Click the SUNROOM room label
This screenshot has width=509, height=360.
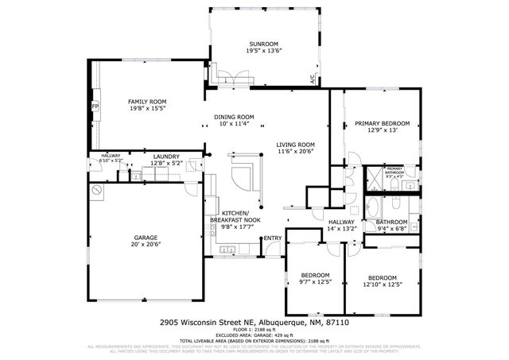[265, 43]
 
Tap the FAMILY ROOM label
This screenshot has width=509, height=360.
[147, 102]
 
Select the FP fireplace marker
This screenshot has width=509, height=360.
[95, 106]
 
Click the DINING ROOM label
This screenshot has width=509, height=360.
[234, 117]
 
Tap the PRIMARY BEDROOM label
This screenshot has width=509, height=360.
[382, 123]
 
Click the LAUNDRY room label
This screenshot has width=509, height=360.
[166, 157]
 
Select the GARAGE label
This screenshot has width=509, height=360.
[146, 238]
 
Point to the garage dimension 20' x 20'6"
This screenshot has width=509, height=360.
[146, 245]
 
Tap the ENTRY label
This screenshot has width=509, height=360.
[272, 238]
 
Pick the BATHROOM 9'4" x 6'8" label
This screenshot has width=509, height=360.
[391, 222]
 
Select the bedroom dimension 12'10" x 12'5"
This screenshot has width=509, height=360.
[380, 285]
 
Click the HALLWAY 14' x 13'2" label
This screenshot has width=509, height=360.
[347, 229]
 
